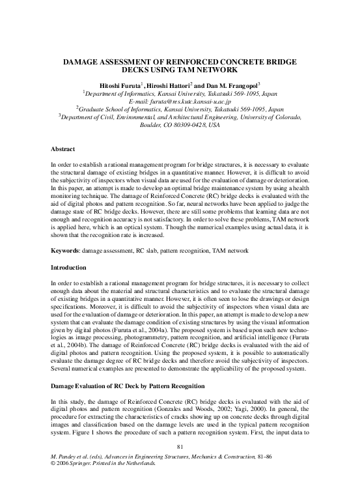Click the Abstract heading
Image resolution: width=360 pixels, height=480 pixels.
click(63, 149)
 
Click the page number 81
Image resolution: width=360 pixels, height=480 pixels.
click(180, 446)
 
